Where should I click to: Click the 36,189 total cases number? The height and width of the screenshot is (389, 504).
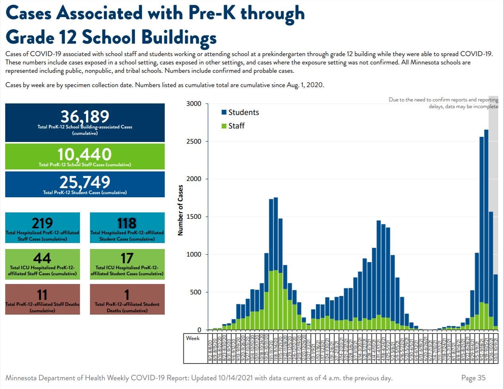point(85,117)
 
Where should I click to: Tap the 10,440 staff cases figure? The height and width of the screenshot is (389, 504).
point(84,154)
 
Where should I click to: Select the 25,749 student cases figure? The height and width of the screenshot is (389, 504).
point(85,182)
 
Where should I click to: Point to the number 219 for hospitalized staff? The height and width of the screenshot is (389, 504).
point(42,223)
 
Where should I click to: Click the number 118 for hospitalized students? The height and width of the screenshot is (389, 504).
point(127,223)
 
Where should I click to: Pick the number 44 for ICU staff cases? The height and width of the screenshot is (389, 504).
point(42,258)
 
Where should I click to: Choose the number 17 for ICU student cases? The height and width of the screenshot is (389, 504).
point(127,258)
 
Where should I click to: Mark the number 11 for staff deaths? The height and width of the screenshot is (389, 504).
point(42,295)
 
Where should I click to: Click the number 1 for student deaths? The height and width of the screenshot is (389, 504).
point(127,295)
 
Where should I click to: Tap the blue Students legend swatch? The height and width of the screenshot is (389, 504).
point(224,113)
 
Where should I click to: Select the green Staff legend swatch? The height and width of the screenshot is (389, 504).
point(224,126)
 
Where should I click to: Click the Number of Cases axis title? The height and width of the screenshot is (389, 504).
point(181,210)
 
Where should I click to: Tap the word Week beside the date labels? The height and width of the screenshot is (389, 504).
point(193,338)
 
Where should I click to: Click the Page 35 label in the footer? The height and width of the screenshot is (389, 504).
point(473,378)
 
